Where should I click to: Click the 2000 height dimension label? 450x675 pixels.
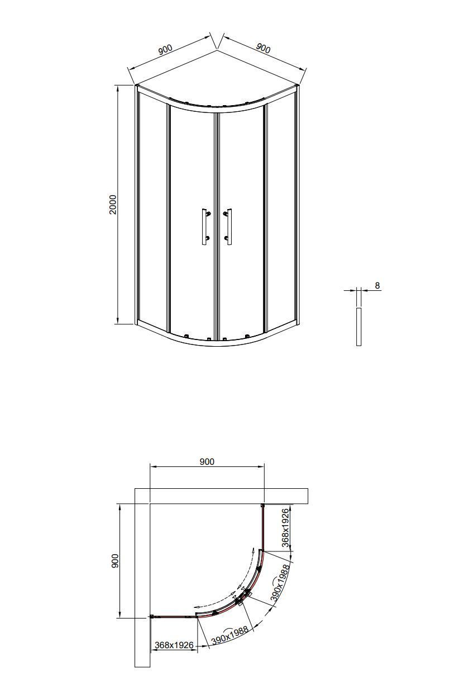coord(113,204)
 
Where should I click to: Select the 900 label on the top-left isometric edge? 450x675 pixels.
coord(165,50)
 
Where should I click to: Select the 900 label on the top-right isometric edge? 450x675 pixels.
coord(263,48)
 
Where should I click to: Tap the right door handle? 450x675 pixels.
coord(229,226)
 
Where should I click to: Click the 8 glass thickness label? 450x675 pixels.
coord(377,286)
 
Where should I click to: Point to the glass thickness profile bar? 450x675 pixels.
coord(358,326)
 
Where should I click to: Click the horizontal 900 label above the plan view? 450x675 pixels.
coord(207,461)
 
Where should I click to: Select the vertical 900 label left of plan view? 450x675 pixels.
coord(115,561)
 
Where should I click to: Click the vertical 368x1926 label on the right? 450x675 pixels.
coord(285,527)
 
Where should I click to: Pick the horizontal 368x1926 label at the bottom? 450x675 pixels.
coord(174,645)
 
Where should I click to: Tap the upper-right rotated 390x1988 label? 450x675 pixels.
coord(280,583)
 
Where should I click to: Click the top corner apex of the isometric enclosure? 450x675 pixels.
coord(217,51)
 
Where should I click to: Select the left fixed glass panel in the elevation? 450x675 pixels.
coord(151,213)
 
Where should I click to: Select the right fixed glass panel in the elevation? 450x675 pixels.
coord(281,213)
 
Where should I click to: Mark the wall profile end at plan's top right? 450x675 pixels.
coord(262,506)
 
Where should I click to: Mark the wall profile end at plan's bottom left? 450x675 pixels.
coord(152,616)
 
